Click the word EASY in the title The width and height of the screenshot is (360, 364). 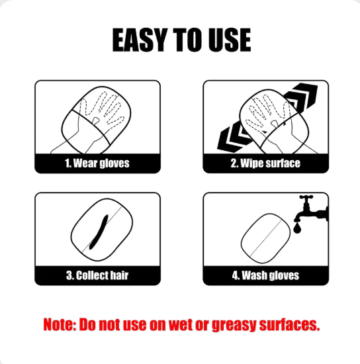point(140,40)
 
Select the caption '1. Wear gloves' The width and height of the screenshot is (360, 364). point(97,163)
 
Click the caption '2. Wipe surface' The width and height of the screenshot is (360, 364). point(265,163)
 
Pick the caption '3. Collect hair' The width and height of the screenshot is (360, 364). point(97,275)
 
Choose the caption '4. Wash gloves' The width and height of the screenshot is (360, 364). point(265,275)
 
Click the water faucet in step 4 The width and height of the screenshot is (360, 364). point(311,209)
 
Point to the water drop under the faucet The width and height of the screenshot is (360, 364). point(297,228)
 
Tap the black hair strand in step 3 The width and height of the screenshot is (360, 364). point(99,232)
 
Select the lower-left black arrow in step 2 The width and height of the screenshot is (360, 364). point(233,137)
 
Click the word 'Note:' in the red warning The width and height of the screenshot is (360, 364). point(60,324)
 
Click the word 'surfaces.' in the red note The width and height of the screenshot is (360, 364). point(289,324)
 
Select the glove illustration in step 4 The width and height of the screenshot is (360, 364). point(265,239)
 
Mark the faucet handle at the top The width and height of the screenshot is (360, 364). point(306,197)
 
